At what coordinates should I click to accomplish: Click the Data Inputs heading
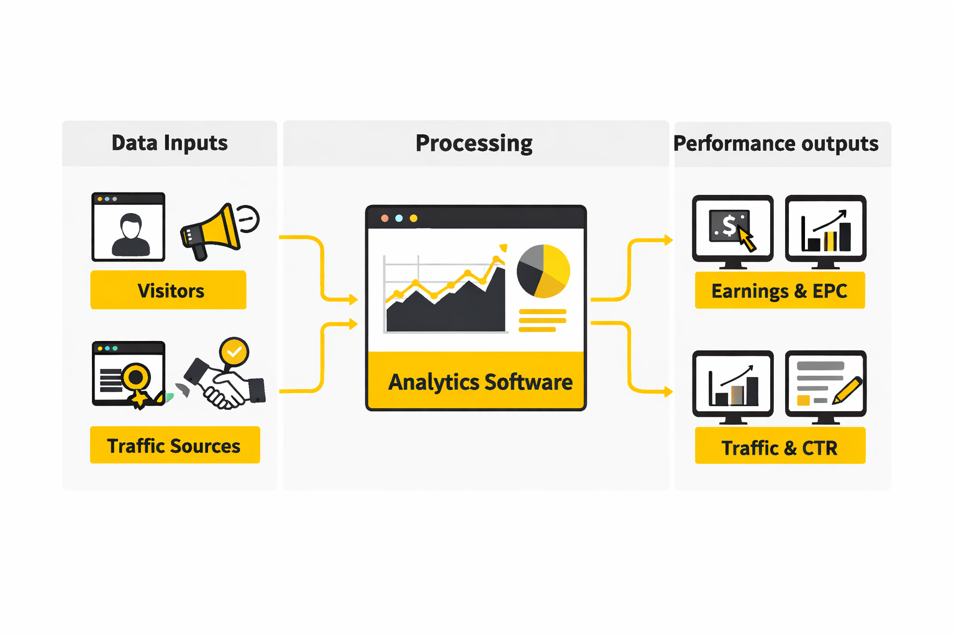170,143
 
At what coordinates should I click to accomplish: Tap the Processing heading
474,143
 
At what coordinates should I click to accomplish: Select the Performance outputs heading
776,143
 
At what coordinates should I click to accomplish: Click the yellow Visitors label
169,290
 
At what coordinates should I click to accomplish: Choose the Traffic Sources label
175,445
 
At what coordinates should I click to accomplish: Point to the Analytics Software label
480,381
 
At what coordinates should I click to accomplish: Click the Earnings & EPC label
779,291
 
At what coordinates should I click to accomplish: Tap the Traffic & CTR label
779,447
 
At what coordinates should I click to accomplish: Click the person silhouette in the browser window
130,235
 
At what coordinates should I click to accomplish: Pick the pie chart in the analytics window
543,271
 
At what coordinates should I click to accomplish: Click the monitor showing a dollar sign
733,229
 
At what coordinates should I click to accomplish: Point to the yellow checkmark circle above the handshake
234,352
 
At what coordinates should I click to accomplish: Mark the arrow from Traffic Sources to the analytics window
322,357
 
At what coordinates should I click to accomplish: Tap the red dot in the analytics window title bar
385,218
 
